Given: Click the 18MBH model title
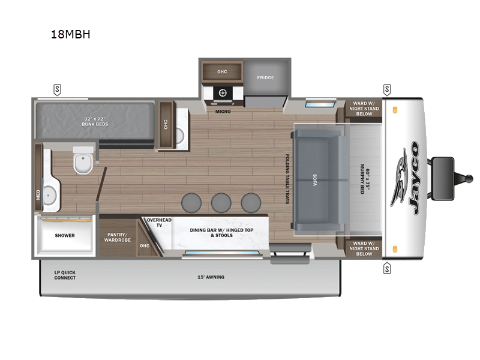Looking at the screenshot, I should coord(70,34).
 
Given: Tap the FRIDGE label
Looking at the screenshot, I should coord(266,78).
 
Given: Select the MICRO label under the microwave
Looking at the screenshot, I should coord(223,112).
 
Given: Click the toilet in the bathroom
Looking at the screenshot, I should coord(83,160).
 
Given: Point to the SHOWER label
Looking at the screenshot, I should coord(65,235).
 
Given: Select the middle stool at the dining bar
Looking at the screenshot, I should coord(221,202).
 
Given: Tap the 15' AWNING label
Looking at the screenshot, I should coord(209,277).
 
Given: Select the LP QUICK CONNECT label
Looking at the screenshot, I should coord(65,275).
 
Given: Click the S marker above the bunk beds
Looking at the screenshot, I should coord(58,89).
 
